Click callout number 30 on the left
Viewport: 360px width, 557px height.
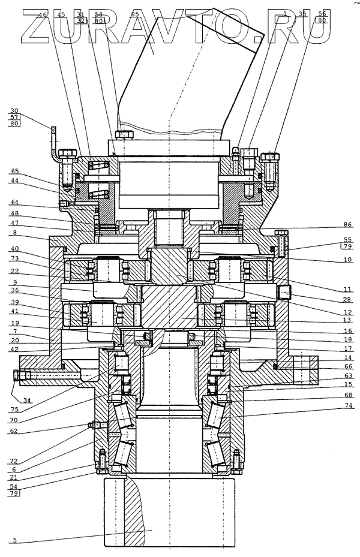coord(14,111)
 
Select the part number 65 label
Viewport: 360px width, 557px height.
coord(14,171)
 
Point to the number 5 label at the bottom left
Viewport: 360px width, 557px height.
coord(14,540)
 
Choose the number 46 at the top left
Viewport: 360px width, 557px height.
coord(42,13)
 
